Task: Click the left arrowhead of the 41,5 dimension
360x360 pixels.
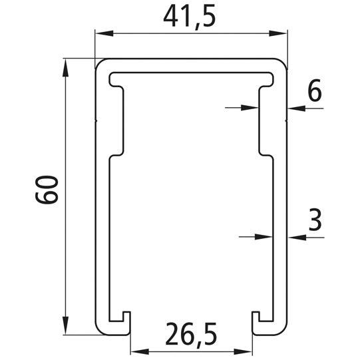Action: coord(100,33)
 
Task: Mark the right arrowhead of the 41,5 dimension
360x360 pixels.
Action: coord(281,33)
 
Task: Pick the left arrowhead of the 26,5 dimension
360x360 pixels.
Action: coord(136,350)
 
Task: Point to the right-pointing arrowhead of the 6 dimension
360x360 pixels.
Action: coord(254,106)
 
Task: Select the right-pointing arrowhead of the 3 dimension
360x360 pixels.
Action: coord(268,235)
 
